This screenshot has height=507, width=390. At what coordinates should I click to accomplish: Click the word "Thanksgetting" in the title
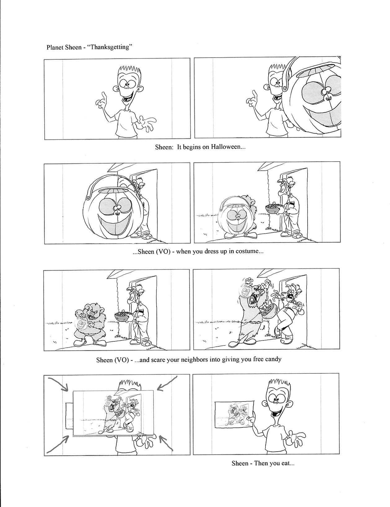click(110, 47)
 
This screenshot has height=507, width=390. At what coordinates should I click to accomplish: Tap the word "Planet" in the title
click(55, 47)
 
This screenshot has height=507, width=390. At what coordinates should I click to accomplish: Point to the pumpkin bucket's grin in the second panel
click(323, 117)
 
